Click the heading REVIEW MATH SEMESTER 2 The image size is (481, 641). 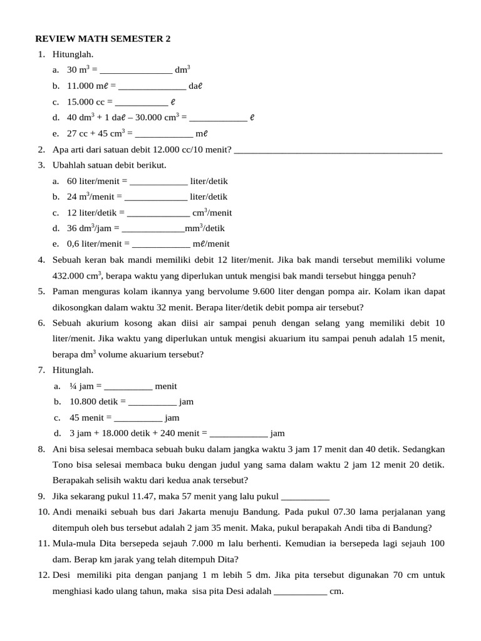(x=103, y=39)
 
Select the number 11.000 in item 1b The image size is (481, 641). (x=80, y=86)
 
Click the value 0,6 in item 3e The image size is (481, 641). (x=73, y=244)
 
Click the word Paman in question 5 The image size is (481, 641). (x=66, y=292)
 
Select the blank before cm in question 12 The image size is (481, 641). (x=301, y=592)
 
